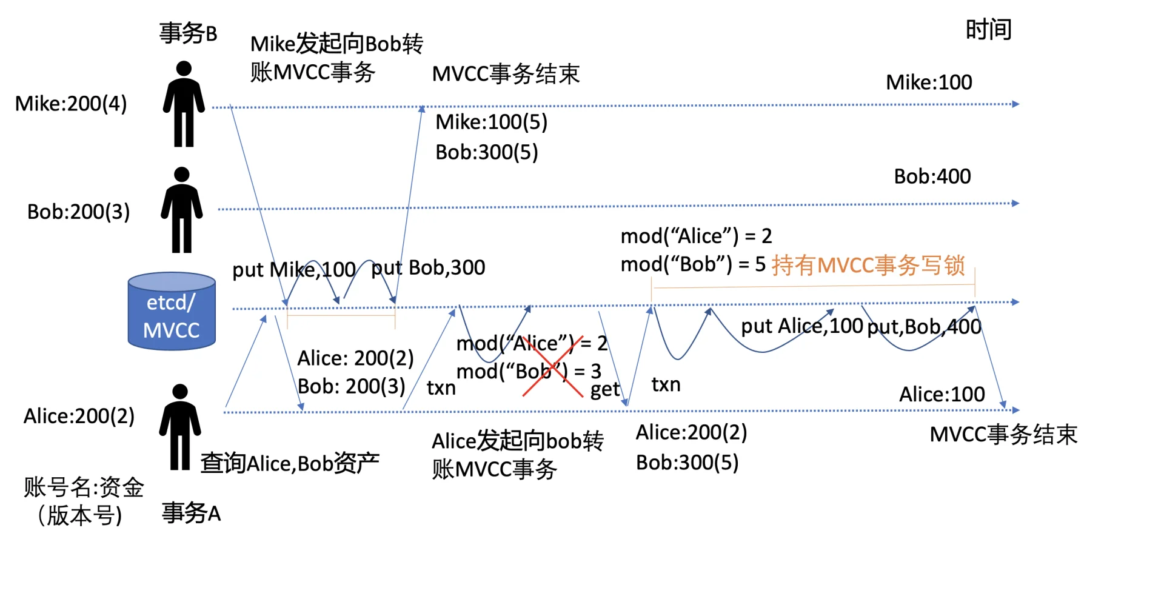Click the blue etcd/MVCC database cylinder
tap(172, 312)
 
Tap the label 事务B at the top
tap(188, 33)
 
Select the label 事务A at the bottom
tap(191, 513)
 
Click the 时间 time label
tap(988, 29)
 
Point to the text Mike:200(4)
tap(71, 104)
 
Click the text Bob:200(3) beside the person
tap(78, 212)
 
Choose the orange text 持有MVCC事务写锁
tap(868, 265)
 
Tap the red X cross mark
tap(552, 366)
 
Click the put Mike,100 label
tap(294, 269)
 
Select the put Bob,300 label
tap(428, 267)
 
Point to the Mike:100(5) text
tap(491, 122)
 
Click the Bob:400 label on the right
tap(932, 176)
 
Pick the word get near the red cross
tap(604, 389)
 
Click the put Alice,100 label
tap(801, 326)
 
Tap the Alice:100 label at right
tap(942, 394)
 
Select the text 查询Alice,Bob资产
tap(290, 463)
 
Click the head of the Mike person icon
tap(184, 69)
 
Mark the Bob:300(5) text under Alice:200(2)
tap(687, 463)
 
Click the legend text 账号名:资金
tap(84, 487)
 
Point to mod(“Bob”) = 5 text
tap(693, 264)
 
